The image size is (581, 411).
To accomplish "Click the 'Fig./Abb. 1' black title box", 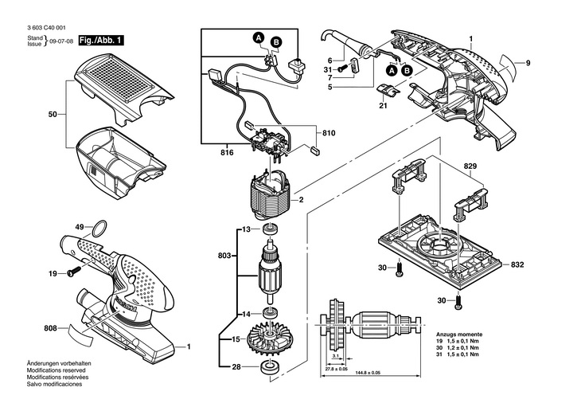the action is click(x=101, y=41).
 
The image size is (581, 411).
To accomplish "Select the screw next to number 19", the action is click(x=74, y=271).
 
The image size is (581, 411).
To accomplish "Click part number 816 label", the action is click(x=227, y=152).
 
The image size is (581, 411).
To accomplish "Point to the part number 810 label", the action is click(x=329, y=133).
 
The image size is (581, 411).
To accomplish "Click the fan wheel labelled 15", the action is click(x=269, y=339).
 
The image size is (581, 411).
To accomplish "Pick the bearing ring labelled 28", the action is click(x=269, y=366).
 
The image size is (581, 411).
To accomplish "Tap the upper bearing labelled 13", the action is click(x=270, y=229).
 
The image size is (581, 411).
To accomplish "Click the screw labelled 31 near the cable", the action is click(x=341, y=69).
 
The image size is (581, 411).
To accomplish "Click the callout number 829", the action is click(x=470, y=166).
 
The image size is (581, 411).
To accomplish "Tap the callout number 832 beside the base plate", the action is click(x=517, y=264).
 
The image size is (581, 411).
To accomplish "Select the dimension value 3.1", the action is click(x=336, y=356).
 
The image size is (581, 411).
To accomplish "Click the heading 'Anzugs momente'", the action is click(x=459, y=334).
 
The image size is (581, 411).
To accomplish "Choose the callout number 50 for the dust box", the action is click(x=53, y=114).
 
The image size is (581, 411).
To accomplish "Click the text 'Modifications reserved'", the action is click(x=56, y=370).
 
